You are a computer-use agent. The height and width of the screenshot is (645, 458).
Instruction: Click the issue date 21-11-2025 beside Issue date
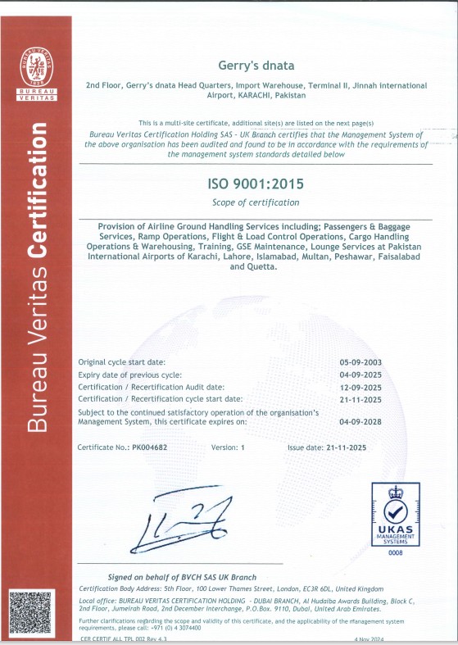tap(368, 447)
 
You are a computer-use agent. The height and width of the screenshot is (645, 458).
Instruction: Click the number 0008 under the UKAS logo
tap(396, 553)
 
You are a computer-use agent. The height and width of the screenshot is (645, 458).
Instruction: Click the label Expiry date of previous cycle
tap(129, 374)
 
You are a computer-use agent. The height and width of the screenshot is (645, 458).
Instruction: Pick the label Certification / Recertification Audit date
tap(149, 386)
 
